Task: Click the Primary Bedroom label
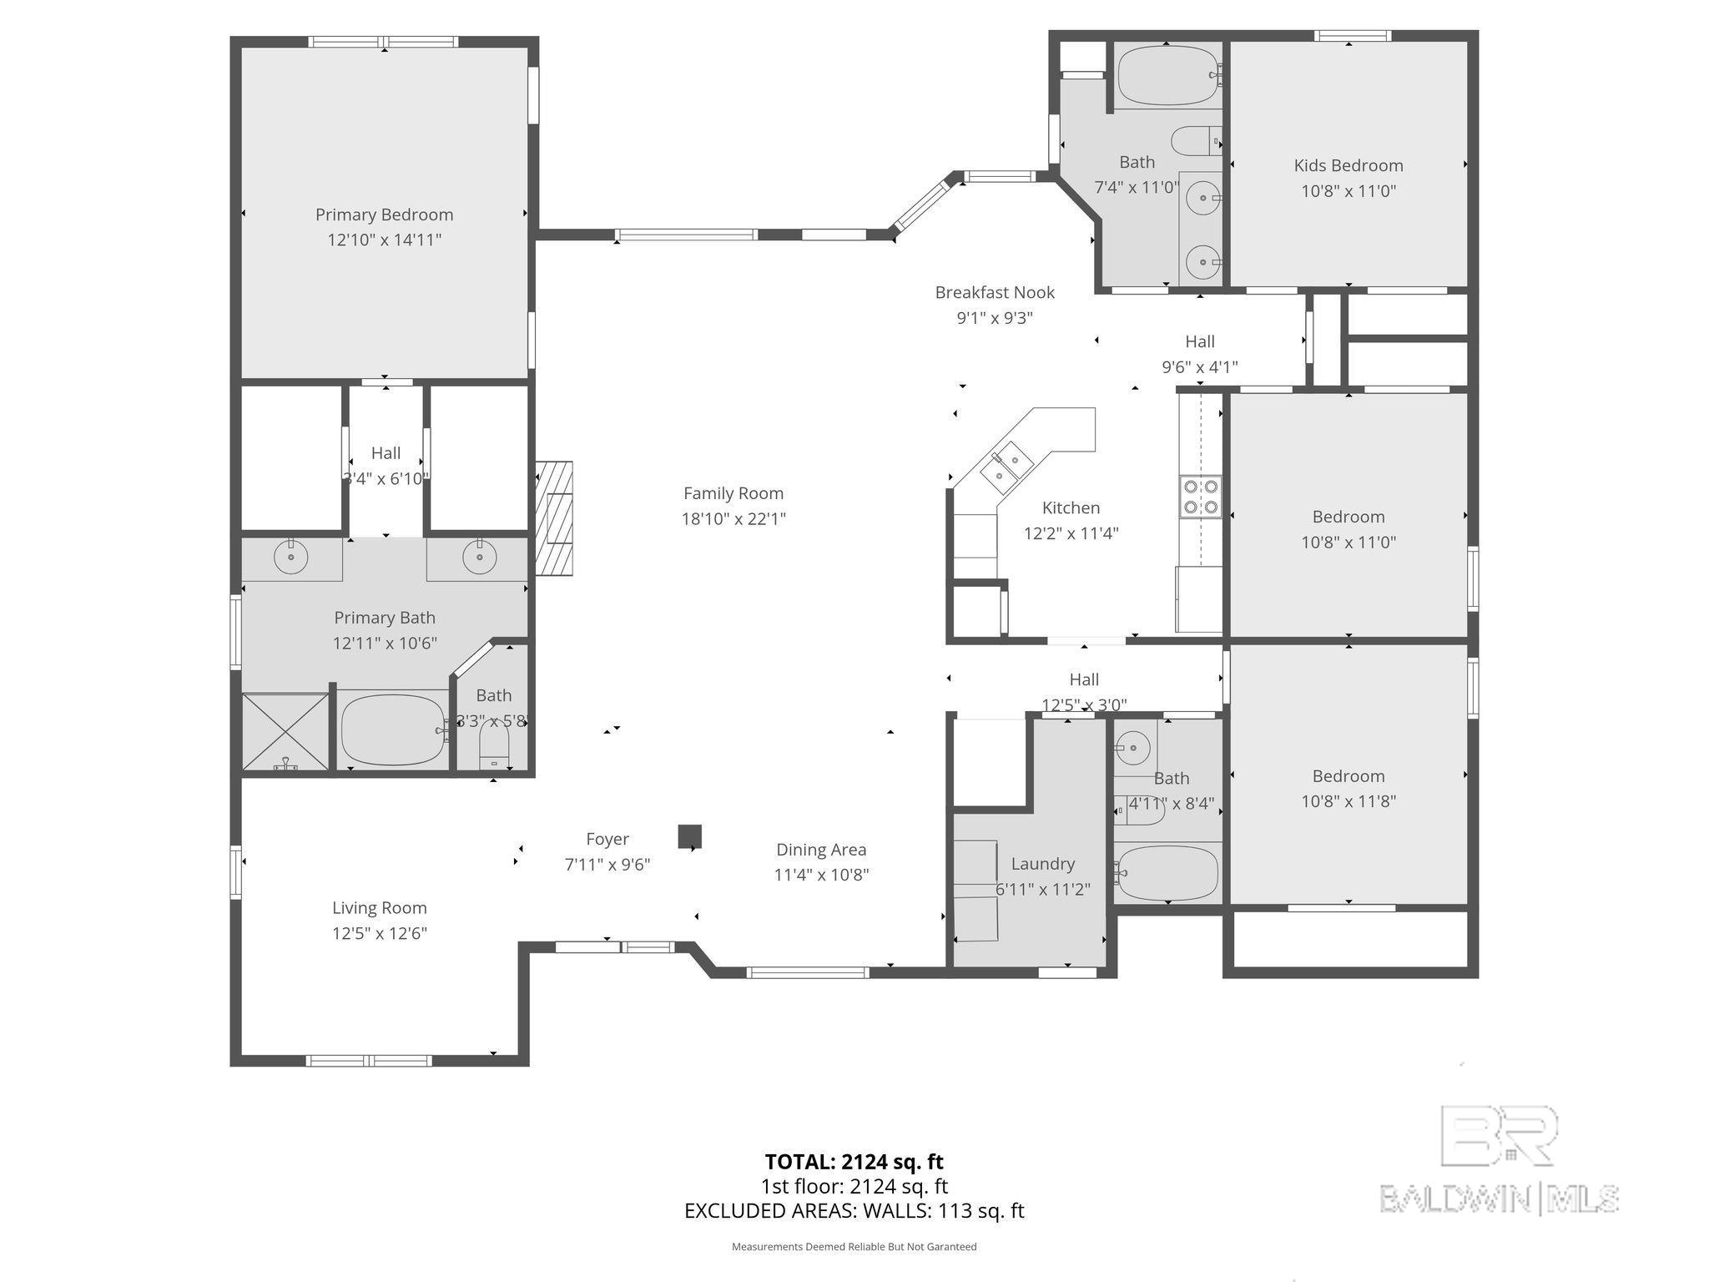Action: coord(384,215)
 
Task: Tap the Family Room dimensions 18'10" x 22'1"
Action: coord(734,519)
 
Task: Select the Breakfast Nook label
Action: coord(995,292)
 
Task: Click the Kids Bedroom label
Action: coord(1349,165)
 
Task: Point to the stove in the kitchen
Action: coord(1201,497)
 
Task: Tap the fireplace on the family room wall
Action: coord(554,517)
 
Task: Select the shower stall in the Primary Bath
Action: coord(285,731)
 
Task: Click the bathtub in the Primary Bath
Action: coord(394,729)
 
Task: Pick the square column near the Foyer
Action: coord(689,836)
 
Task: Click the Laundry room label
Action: coord(1042,864)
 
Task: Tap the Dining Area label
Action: coord(821,850)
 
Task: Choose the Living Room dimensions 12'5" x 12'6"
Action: coord(380,933)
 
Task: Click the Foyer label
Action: coord(607,839)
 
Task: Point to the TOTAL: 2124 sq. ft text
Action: coord(854,1161)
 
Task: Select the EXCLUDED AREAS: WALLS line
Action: coord(854,1210)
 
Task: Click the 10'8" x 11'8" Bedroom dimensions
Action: coord(1349,801)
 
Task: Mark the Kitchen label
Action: coord(1071,507)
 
